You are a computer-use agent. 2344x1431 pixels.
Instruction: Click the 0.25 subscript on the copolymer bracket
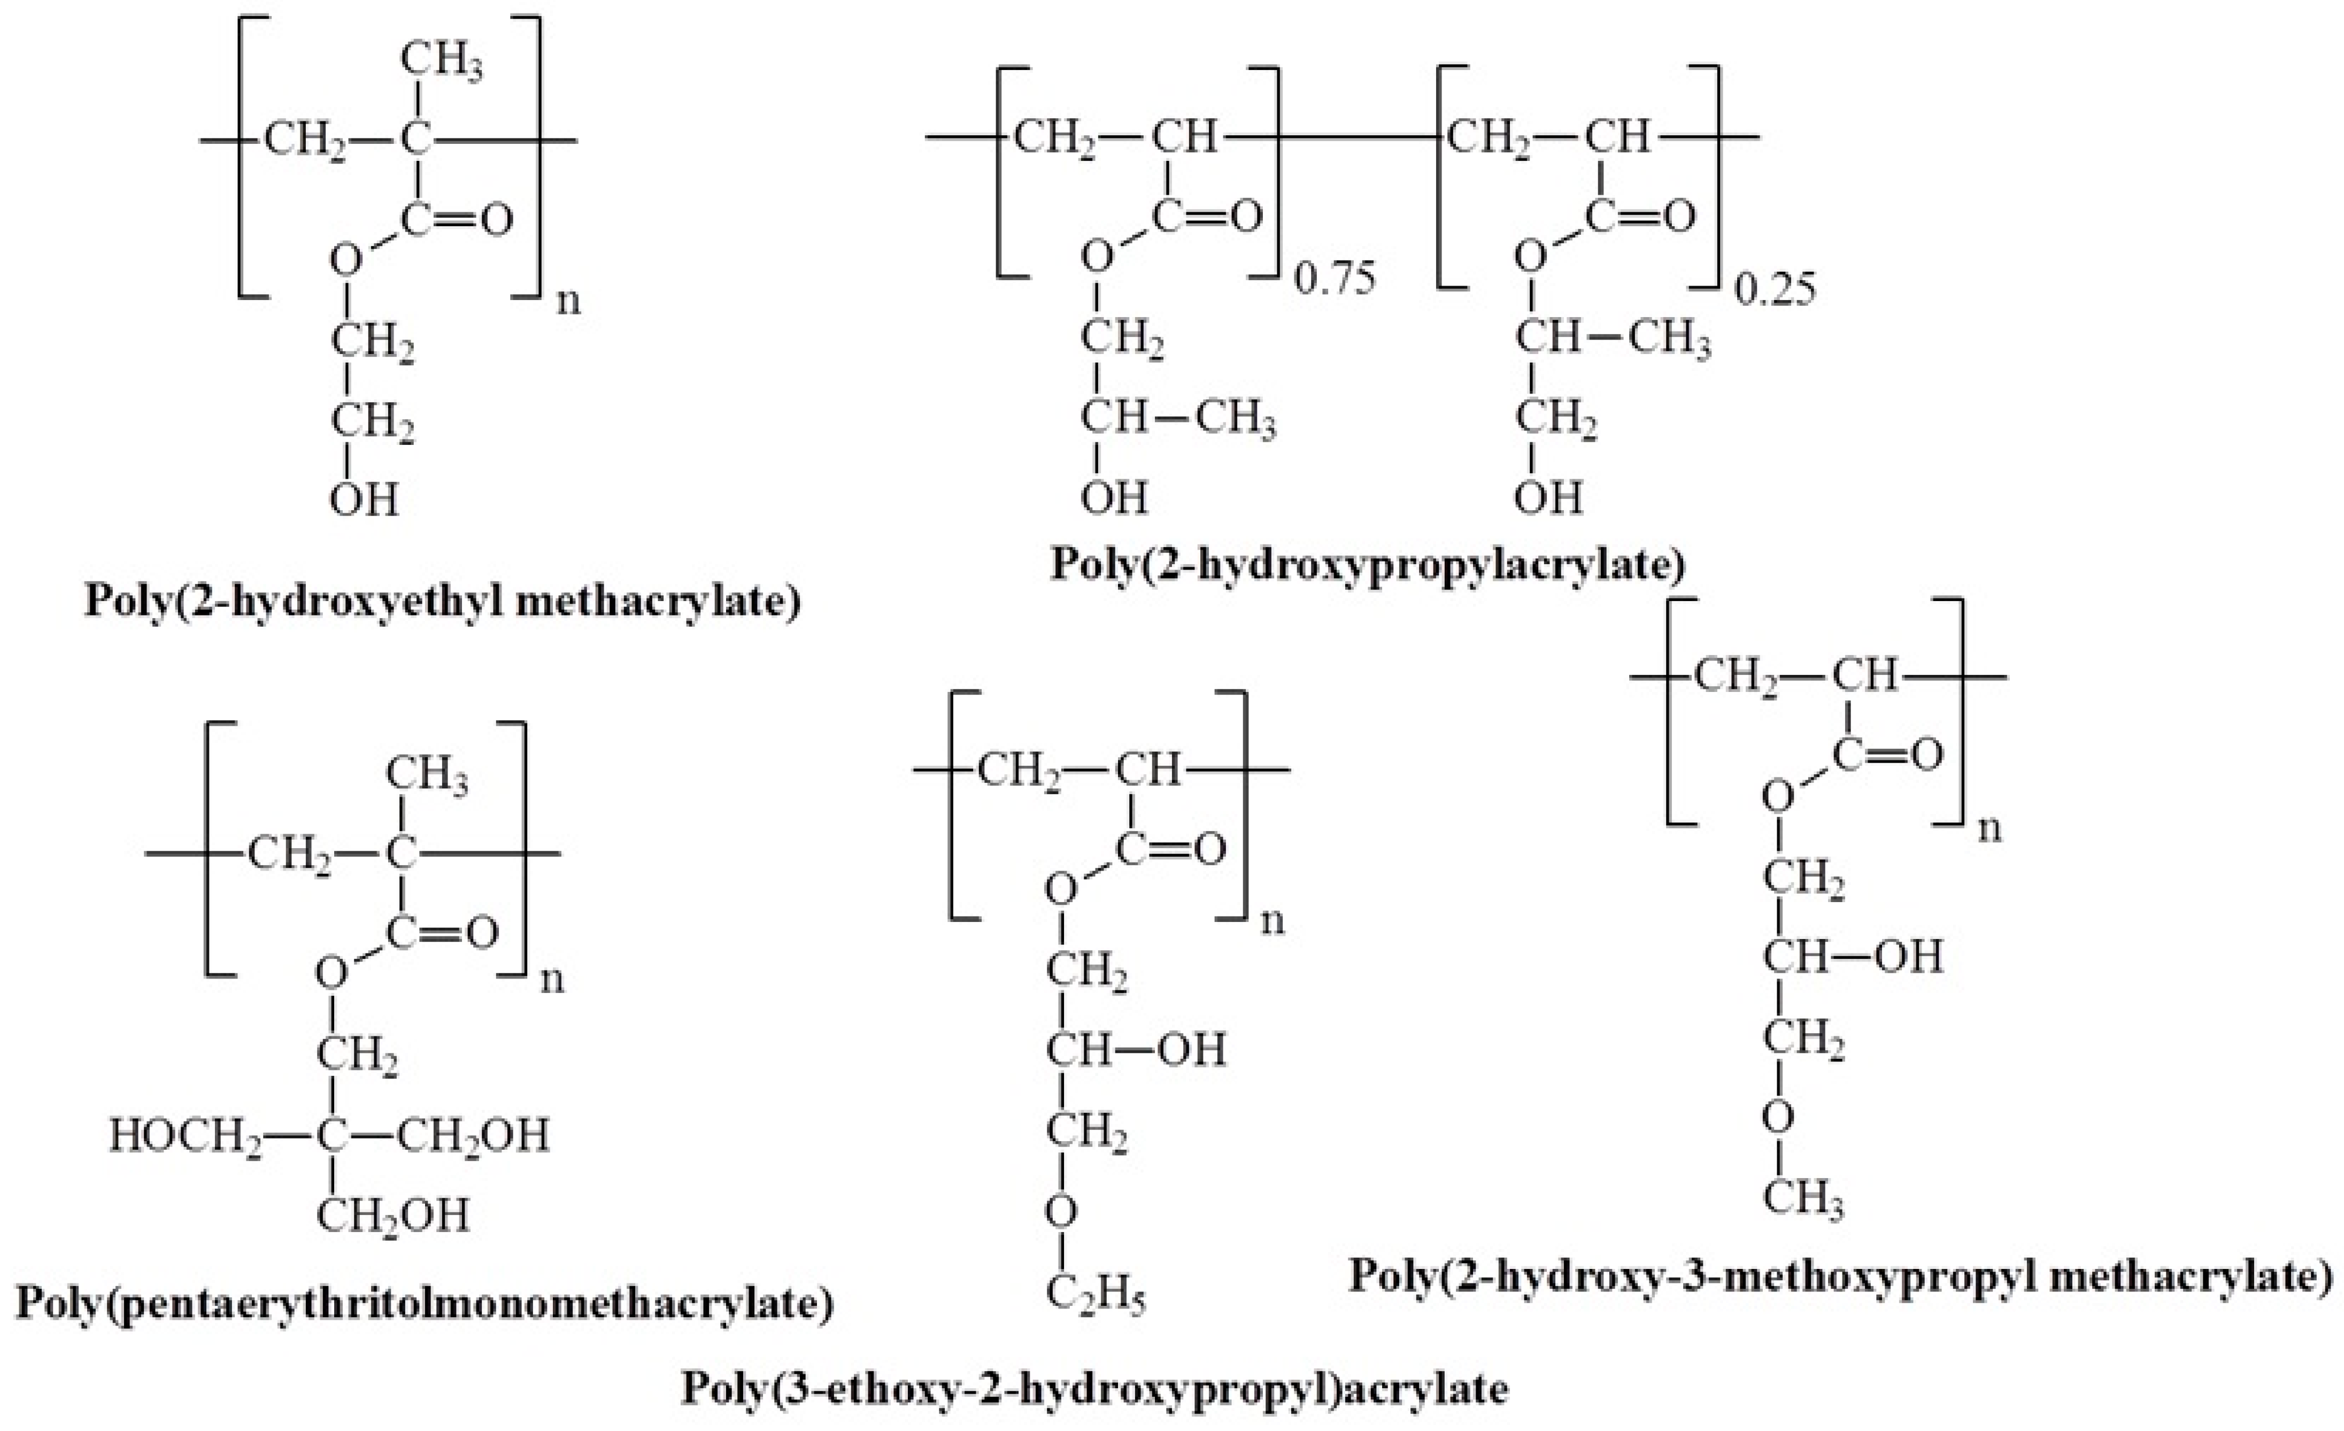point(1775,288)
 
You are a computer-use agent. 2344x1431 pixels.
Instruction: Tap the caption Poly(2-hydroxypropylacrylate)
point(1367,563)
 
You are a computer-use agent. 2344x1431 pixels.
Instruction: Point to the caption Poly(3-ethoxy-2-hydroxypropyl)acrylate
point(1094,1389)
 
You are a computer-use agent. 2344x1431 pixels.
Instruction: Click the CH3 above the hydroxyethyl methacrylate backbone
point(441,62)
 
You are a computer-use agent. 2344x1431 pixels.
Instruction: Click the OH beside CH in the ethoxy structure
point(1191,1050)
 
